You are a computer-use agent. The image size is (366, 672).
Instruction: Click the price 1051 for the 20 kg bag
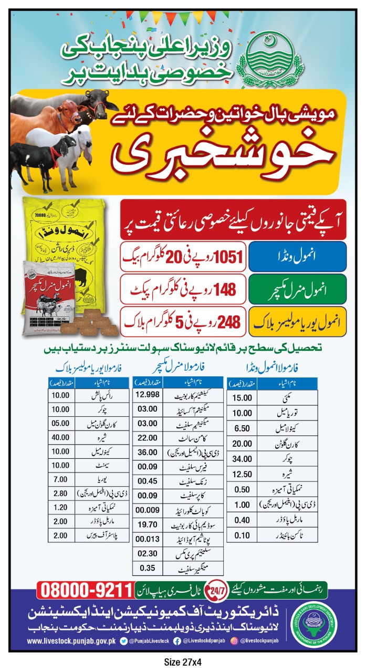(x=226, y=257)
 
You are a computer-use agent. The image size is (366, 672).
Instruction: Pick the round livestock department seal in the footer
(x=317, y=619)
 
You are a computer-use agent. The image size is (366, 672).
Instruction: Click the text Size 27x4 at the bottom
(x=183, y=662)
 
